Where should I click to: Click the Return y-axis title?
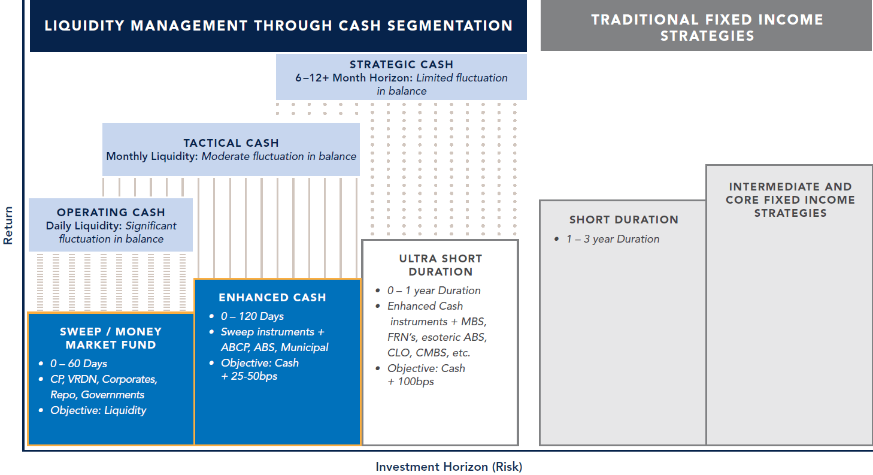click(8, 225)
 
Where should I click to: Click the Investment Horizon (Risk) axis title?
click(448, 467)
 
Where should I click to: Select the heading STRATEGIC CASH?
click(401, 65)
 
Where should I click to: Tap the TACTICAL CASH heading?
click(231, 143)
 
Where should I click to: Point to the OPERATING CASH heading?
click(111, 213)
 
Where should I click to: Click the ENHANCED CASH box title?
click(272, 298)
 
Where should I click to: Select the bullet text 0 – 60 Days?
click(78, 364)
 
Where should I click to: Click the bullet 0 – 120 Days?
click(252, 316)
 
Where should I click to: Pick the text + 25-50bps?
click(249, 376)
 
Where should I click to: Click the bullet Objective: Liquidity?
click(98, 410)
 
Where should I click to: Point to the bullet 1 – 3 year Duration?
click(613, 239)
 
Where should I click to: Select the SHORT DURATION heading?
click(623, 220)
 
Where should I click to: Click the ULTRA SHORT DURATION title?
click(441, 265)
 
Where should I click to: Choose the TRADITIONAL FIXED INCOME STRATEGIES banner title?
click(707, 28)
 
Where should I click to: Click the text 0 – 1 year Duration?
click(434, 291)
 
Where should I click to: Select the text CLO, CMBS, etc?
click(429, 353)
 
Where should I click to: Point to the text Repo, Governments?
click(97, 395)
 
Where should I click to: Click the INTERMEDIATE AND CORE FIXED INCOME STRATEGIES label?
click(790, 200)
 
